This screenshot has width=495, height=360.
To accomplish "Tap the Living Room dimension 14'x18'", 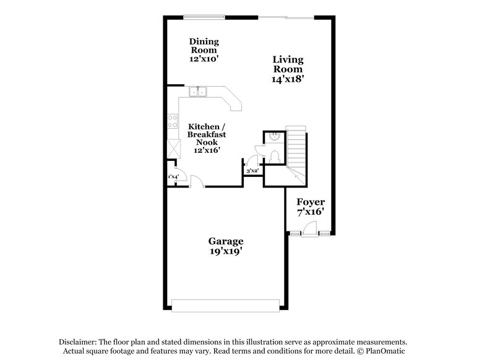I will tap(288, 79).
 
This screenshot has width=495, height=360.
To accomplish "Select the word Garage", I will tap(225, 241).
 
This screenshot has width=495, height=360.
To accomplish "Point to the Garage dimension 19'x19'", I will tap(225, 252).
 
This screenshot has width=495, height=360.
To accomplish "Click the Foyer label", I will tap(310, 202).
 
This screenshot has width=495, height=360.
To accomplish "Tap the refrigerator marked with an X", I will tap(173, 149).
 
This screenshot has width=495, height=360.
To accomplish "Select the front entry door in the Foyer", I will tap(310, 233).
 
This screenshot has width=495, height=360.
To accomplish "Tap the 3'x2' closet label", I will tap(252, 170).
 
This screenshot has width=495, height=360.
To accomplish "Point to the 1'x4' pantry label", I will tap(173, 177).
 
